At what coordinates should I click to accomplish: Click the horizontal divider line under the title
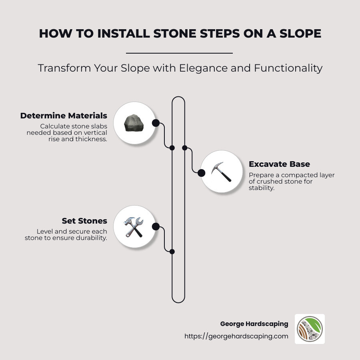pos(179,53)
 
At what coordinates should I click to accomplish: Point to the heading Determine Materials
pos(64,116)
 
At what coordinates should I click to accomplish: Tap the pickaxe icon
pos(221,172)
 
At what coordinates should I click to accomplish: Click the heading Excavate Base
pos(279,164)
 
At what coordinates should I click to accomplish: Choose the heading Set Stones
pos(84,221)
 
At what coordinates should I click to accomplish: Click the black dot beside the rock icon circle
pos(156,123)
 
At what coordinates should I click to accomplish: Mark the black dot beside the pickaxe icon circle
pos(202,172)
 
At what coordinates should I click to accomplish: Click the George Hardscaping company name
pos(254,324)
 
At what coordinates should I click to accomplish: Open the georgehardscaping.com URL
pos(236,336)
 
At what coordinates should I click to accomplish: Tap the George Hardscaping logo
pos(310,329)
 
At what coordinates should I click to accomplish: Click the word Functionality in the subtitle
pos(288,68)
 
